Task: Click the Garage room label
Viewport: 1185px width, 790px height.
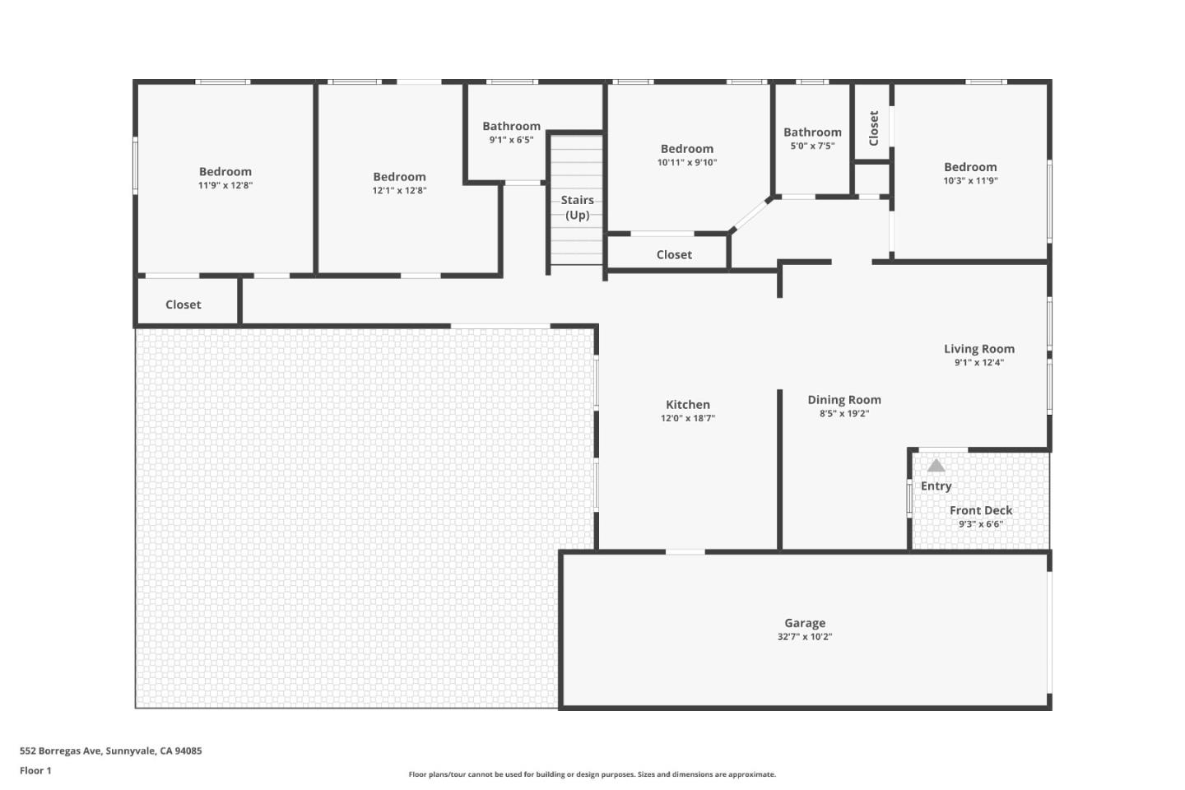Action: (804, 623)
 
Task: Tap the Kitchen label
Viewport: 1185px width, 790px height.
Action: (687, 404)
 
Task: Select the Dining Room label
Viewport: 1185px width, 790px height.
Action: (843, 400)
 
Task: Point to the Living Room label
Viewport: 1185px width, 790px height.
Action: (978, 349)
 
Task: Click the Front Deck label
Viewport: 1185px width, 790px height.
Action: (980, 510)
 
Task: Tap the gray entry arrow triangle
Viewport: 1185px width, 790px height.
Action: (936, 466)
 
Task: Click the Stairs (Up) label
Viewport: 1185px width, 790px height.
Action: (577, 207)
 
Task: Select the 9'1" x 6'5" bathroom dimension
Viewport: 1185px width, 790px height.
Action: (511, 140)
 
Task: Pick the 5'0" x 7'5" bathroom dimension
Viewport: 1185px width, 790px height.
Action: (812, 146)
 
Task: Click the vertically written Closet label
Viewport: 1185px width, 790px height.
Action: (873, 128)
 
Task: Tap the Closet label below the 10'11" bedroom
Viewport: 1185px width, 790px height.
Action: (674, 254)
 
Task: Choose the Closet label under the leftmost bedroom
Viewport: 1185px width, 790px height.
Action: (183, 304)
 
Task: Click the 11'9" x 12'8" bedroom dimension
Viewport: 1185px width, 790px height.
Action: (225, 185)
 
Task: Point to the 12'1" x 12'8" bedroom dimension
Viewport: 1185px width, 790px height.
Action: (399, 190)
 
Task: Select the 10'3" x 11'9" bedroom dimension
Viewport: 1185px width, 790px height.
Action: (970, 180)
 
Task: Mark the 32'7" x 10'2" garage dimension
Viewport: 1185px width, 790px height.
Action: (804, 636)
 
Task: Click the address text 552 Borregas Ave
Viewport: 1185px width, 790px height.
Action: (110, 750)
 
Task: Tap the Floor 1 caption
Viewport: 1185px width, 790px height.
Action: (35, 771)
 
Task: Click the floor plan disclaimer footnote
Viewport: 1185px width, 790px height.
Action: (592, 774)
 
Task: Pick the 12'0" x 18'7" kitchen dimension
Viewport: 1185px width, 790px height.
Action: (687, 418)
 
